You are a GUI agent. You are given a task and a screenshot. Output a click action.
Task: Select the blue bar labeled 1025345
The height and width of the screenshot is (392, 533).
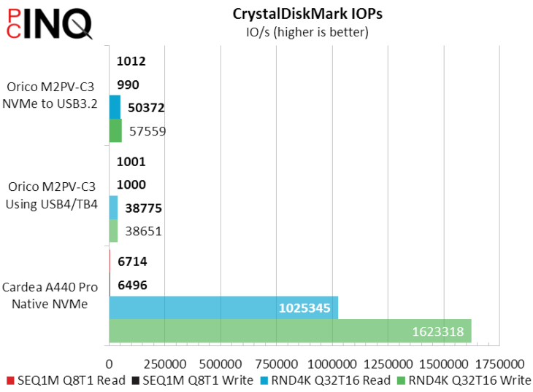pyautogui.click(x=223, y=307)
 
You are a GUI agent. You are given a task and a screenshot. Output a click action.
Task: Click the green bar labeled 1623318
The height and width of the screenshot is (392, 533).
pyautogui.click(x=290, y=331)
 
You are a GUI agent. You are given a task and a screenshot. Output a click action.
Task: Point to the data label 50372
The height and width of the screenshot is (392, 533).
pyautogui.click(x=146, y=108)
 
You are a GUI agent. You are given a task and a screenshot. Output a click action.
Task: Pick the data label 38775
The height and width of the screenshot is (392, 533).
pyautogui.click(x=143, y=208)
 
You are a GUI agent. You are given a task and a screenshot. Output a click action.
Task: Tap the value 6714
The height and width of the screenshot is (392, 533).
pyautogui.click(x=133, y=261)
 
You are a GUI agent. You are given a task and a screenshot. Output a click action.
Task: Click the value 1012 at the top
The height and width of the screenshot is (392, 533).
pyautogui.click(x=131, y=61)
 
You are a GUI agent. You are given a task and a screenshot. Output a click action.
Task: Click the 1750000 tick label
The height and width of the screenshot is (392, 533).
pyautogui.click(x=499, y=363)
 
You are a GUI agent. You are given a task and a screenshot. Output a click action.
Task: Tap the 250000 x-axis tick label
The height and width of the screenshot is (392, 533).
pyautogui.click(x=165, y=363)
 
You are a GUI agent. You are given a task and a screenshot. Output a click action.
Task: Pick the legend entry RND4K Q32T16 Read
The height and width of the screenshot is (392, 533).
pyautogui.click(x=324, y=380)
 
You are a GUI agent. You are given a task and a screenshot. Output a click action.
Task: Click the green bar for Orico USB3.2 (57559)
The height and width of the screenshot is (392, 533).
pyautogui.click(x=115, y=131)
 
